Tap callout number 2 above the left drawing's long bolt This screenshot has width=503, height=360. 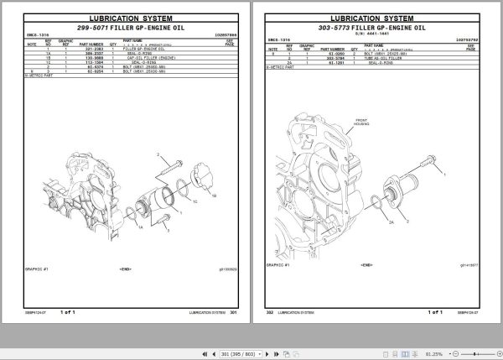[157, 156]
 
